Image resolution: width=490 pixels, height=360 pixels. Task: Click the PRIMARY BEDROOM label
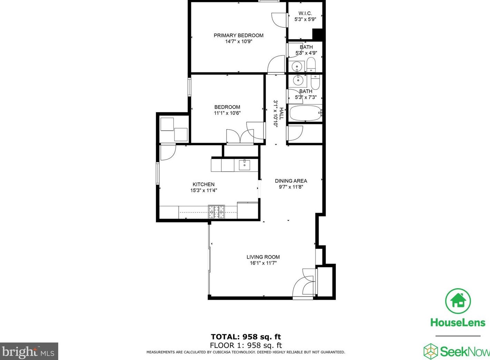pos(238,35)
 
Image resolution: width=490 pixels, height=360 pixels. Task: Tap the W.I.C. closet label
pos(305,13)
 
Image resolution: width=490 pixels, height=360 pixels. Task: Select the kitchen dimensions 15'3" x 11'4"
pos(203,190)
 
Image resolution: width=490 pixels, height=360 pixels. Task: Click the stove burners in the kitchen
pos(216,212)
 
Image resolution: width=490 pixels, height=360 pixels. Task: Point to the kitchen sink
pos(244,165)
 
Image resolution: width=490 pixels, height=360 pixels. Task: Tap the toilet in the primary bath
pos(311,65)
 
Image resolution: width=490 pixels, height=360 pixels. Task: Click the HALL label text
pos(282,113)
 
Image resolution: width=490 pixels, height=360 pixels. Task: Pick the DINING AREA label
pos(291,181)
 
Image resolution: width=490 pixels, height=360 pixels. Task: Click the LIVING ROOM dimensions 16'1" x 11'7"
pos(263,263)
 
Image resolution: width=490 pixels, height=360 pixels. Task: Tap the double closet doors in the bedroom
pos(240,137)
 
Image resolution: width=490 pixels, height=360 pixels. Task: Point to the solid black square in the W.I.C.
pos(317,34)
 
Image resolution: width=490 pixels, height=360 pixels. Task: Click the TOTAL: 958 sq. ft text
pos(246,337)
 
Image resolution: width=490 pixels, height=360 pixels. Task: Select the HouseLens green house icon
pos(458,301)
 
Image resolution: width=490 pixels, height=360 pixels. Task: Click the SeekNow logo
pos(457,351)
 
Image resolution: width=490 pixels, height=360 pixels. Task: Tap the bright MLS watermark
pos(29,352)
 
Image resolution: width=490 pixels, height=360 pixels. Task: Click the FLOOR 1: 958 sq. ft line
pos(246,345)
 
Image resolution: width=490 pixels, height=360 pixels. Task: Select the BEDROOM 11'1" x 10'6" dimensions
pos(227,113)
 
